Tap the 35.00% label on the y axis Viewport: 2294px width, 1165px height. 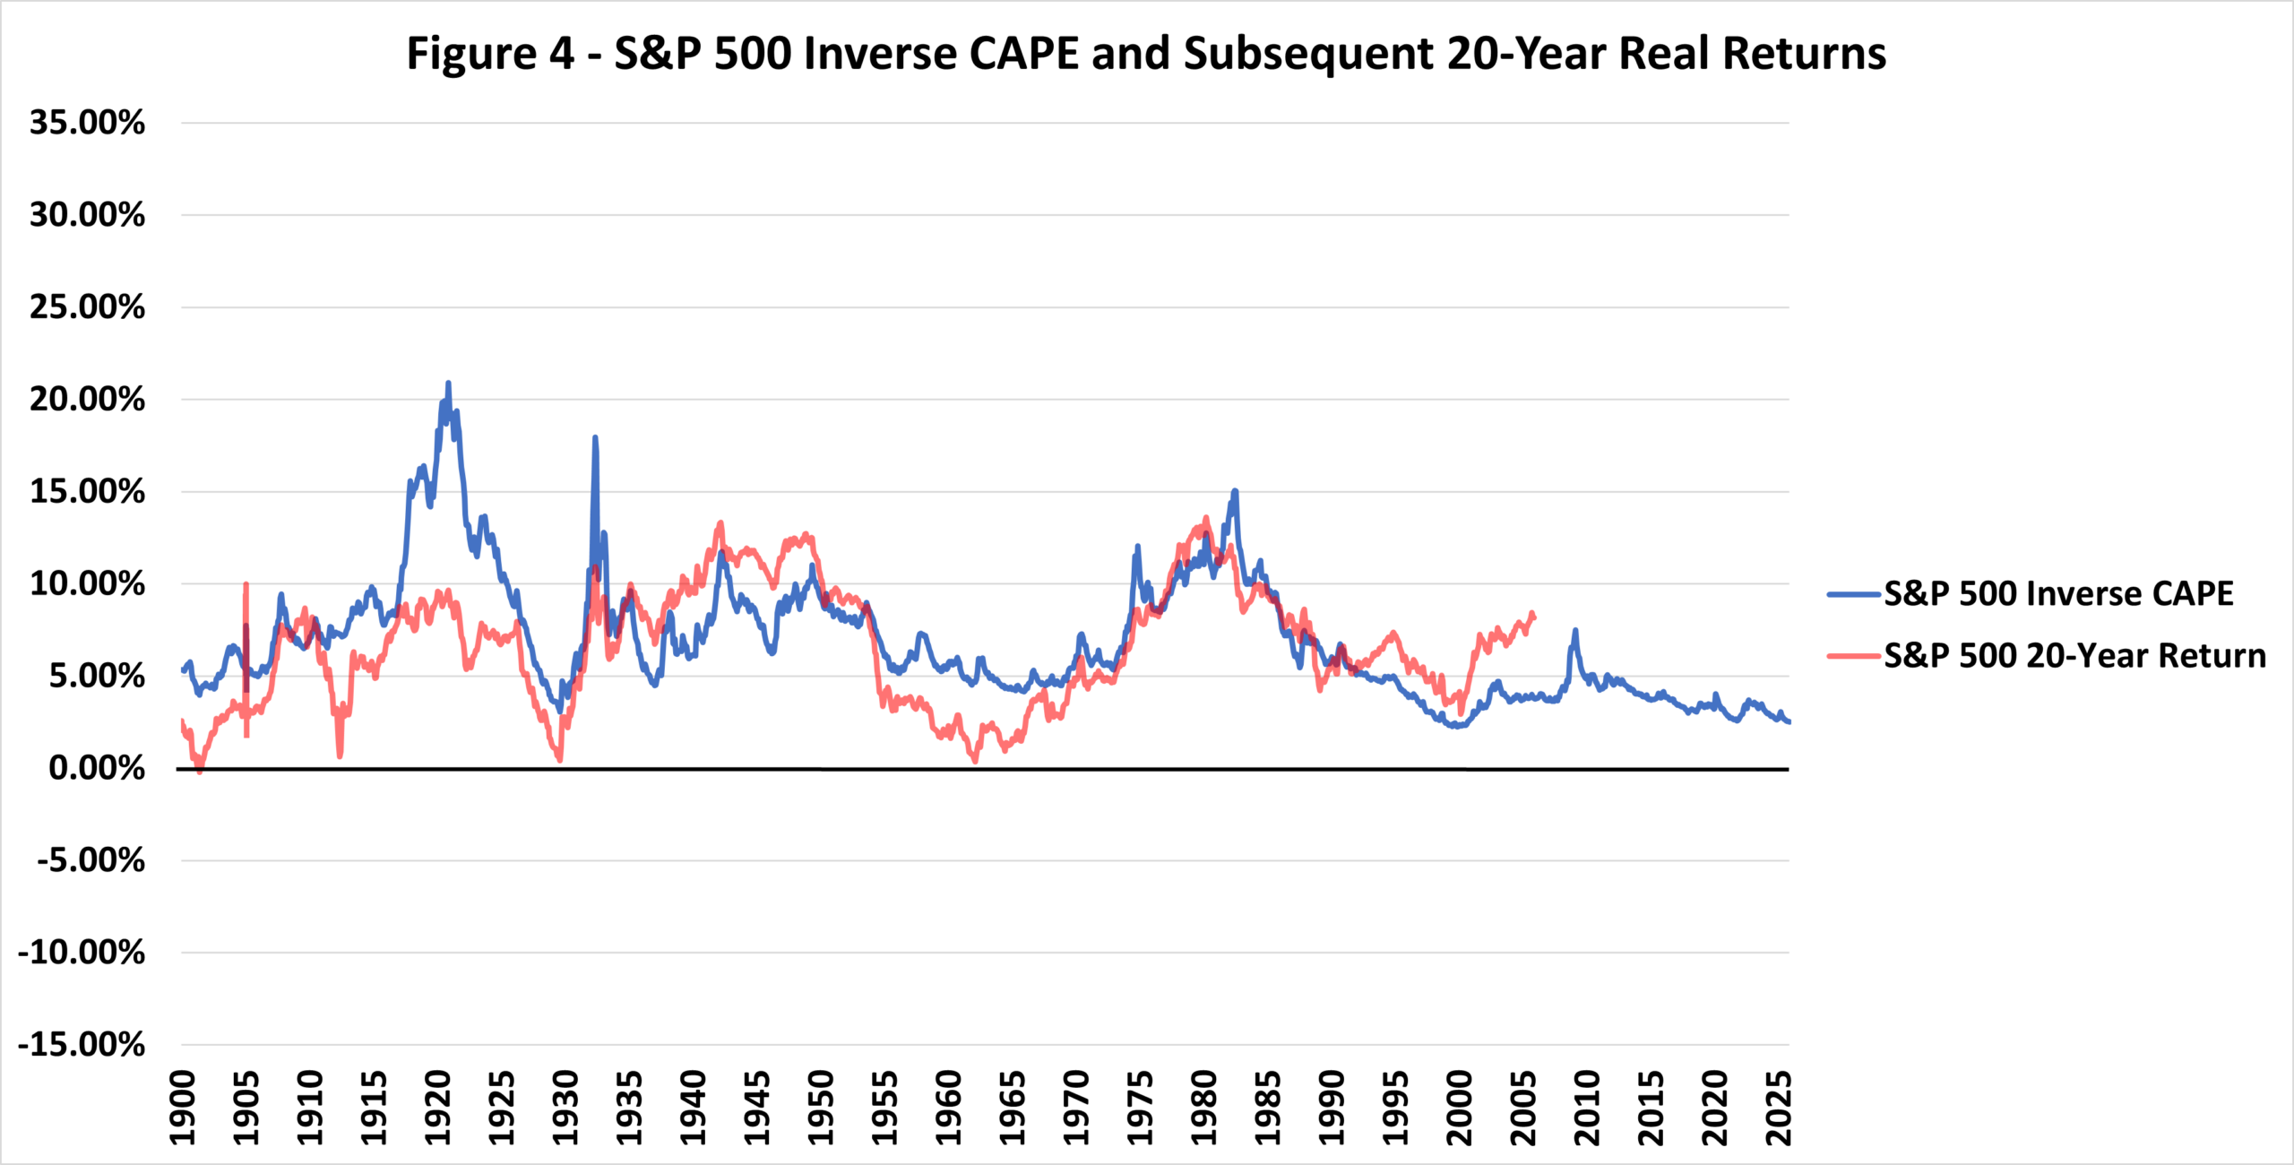[x=87, y=123]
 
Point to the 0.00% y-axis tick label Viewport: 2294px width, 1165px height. [x=96, y=768]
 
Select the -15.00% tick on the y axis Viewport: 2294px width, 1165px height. [x=82, y=1045]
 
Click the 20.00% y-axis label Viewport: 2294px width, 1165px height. [x=87, y=399]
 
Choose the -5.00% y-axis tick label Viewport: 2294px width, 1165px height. [x=91, y=860]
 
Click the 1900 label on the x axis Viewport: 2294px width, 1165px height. [x=183, y=1108]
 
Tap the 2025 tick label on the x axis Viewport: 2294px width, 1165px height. [x=1779, y=1108]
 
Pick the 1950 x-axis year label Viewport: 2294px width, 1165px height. [x=821, y=1108]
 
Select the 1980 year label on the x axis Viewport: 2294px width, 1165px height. [x=1204, y=1108]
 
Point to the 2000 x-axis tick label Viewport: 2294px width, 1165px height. [x=1460, y=1108]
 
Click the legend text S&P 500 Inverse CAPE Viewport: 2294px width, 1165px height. [x=2058, y=594]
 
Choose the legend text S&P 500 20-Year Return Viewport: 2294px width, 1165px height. [x=2074, y=656]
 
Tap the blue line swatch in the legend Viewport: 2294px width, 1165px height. [x=1853, y=594]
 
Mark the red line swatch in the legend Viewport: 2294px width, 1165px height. [x=1853, y=656]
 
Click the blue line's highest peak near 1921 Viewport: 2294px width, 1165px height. [x=448, y=383]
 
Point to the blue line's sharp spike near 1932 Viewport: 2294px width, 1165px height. [x=594, y=437]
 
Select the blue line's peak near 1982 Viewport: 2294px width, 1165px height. [x=1235, y=491]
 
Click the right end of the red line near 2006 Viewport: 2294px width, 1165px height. [x=1534, y=616]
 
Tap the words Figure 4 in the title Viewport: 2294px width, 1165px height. [x=490, y=54]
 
